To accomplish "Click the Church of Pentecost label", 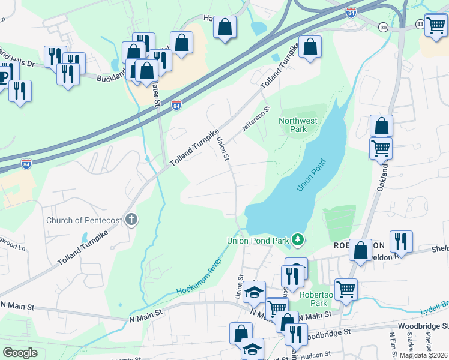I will [85, 220].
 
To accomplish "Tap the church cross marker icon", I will [131, 220].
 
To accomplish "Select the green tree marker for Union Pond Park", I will [297, 240].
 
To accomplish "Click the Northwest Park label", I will [298, 125].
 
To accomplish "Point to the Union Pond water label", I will [310, 175].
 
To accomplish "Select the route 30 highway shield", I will [383, 27].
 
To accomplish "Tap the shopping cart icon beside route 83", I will [436, 25].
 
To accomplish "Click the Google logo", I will [20, 353].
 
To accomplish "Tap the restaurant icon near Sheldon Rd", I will [400, 241].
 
